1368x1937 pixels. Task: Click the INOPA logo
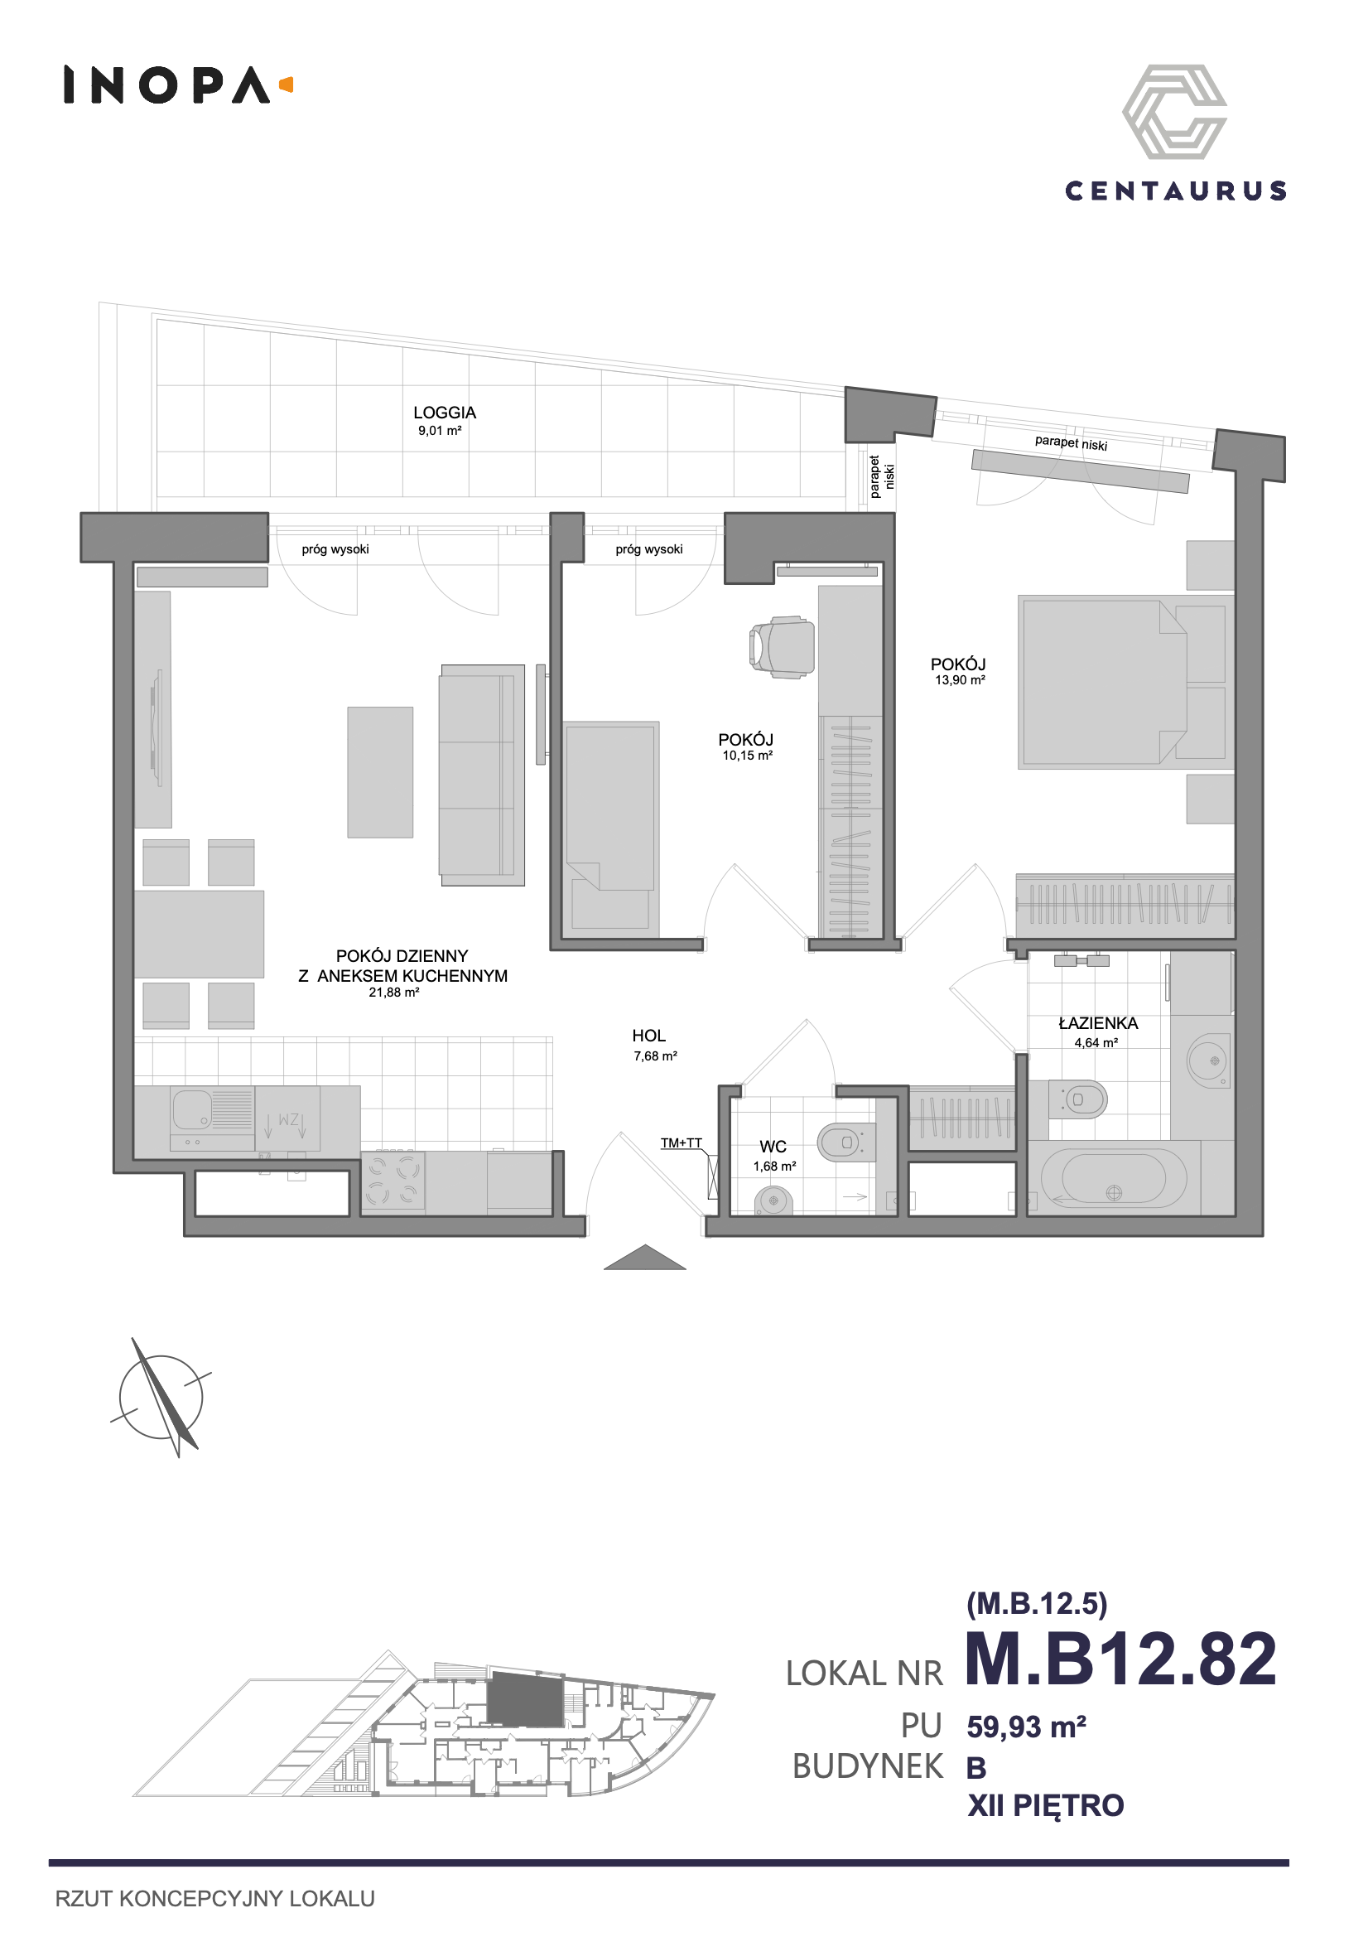(x=178, y=85)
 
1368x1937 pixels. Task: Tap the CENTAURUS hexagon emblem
(x=1174, y=111)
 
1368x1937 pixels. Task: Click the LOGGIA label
(x=445, y=413)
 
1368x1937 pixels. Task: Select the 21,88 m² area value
(x=394, y=993)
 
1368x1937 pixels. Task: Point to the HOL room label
(x=648, y=1035)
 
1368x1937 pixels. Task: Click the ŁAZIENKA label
(x=1098, y=1023)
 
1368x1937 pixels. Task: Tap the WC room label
(x=773, y=1147)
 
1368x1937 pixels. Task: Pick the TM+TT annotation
(x=681, y=1143)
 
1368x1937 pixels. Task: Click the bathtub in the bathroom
(x=1113, y=1179)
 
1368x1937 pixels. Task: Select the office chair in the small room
(x=782, y=647)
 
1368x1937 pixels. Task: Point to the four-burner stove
(x=393, y=1182)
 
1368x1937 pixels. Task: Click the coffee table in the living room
(x=380, y=772)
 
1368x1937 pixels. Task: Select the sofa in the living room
(x=482, y=775)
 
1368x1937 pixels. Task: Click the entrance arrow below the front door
(x=644, y=1257)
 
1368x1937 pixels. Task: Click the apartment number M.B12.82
(x=1121, y=1657)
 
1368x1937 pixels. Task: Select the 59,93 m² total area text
(x=1027, y=1727)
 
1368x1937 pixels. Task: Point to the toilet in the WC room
(x=847, y=1142)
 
